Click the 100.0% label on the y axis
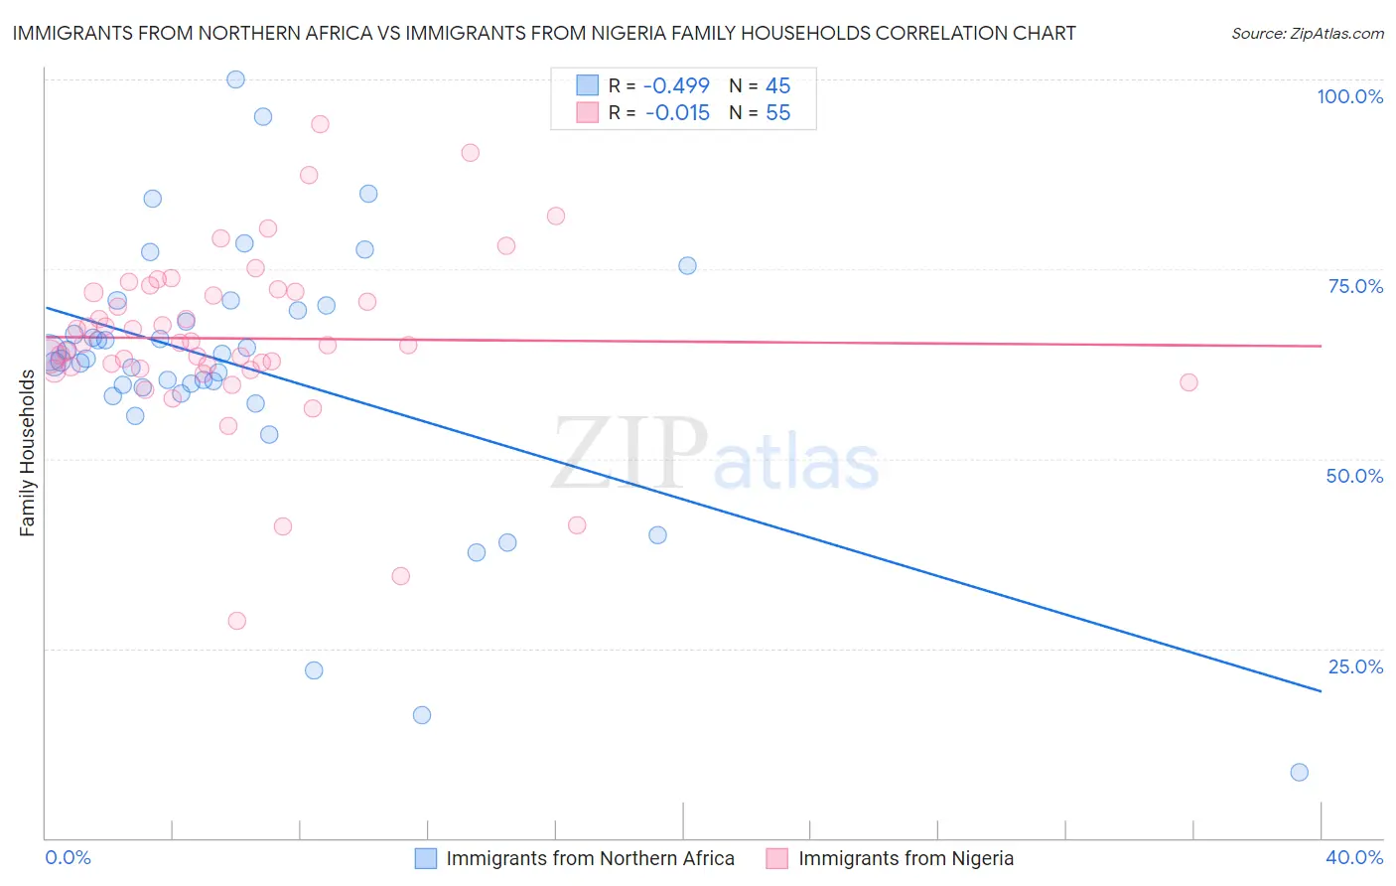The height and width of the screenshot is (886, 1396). coord(1349,96)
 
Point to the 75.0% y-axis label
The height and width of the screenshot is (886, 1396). coord(1355,286)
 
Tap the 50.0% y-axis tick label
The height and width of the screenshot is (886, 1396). coord(1354,476)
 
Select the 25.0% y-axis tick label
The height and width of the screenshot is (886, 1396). coord(1354,666)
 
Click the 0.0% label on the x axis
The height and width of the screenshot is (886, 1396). coord(68,857)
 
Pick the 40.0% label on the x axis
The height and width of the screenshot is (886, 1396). coord(1354,857)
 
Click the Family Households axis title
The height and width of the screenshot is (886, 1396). coord(27,453)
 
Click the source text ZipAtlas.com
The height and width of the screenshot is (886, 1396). coord(1307,34)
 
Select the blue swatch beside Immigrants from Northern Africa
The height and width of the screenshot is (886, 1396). coord(426,859)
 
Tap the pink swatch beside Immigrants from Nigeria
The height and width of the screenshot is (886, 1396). coord(777,859)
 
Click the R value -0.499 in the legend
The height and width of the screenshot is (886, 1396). coord(677,86)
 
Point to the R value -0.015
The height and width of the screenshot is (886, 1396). coord(677,113)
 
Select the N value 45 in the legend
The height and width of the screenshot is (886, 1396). coord(777,86)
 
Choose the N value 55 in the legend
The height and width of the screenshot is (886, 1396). coord(777,113)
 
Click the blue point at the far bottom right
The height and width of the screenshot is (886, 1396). coord(1299,772)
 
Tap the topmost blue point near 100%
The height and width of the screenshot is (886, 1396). coord(235,79)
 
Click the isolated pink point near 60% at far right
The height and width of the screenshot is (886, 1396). coord(1188,382)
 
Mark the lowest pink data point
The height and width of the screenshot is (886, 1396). coord(236,621)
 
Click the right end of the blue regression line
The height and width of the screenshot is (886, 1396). coord(1321,690)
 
